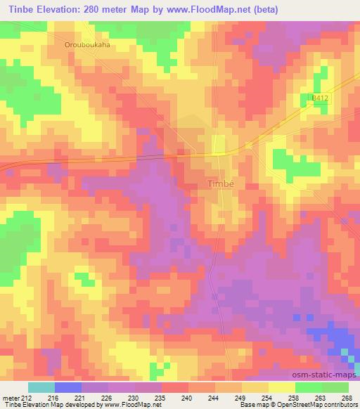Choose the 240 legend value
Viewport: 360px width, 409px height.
coord(188,397)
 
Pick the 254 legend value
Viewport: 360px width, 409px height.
coord(268,397)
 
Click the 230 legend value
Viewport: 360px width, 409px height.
coord(134,397)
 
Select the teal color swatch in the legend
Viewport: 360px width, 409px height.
coord(41,387)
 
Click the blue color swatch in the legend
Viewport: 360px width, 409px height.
coord(68,387)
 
